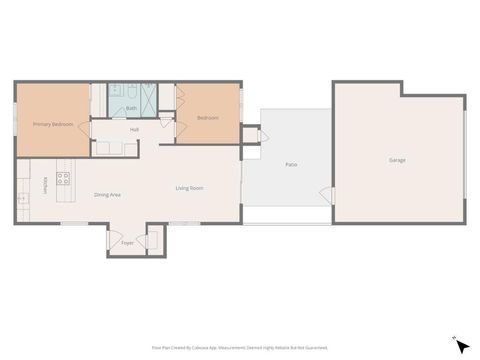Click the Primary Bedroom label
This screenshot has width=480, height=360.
click(53, 124)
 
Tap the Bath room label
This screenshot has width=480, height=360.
click(132, 108)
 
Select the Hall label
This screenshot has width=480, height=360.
click(134, 129)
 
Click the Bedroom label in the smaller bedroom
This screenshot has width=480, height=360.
click(207, 118)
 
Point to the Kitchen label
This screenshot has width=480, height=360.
click(46, 185)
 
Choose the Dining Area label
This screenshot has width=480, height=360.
click(107, 194)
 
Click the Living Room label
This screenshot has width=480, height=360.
click(190, 188)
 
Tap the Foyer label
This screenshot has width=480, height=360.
click(127, 243)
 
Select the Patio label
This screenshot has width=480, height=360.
click(291, 164)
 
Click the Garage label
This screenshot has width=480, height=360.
click(397, 160)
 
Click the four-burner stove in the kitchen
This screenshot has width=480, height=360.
click(62, 179)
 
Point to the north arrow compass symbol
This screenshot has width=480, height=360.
click(460, 345)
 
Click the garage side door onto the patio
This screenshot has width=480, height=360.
click(327, 194)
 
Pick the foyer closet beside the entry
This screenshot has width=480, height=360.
click(153, 240)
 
